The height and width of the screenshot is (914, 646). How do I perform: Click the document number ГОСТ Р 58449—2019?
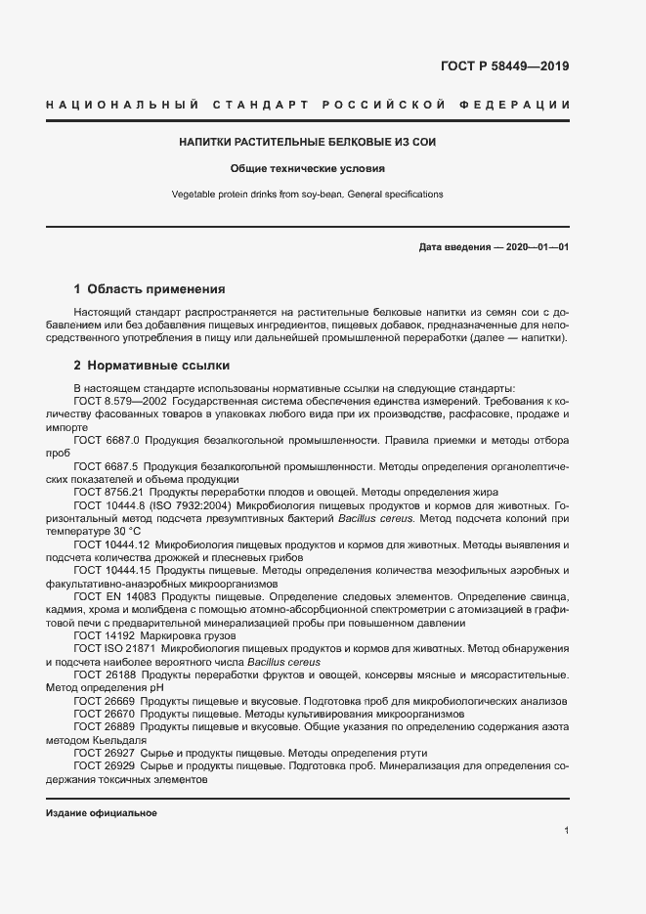497,66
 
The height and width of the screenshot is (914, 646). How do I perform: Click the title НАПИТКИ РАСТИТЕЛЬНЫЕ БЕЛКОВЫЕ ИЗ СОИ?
307,142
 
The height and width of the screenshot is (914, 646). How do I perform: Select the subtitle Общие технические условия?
307,168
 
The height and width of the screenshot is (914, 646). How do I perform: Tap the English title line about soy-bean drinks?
307,195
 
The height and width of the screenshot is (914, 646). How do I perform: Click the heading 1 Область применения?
150,289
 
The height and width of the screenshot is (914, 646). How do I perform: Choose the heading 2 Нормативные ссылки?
151,366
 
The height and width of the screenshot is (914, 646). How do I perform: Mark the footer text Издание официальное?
102,813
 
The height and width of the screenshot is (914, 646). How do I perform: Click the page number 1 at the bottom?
567,830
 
